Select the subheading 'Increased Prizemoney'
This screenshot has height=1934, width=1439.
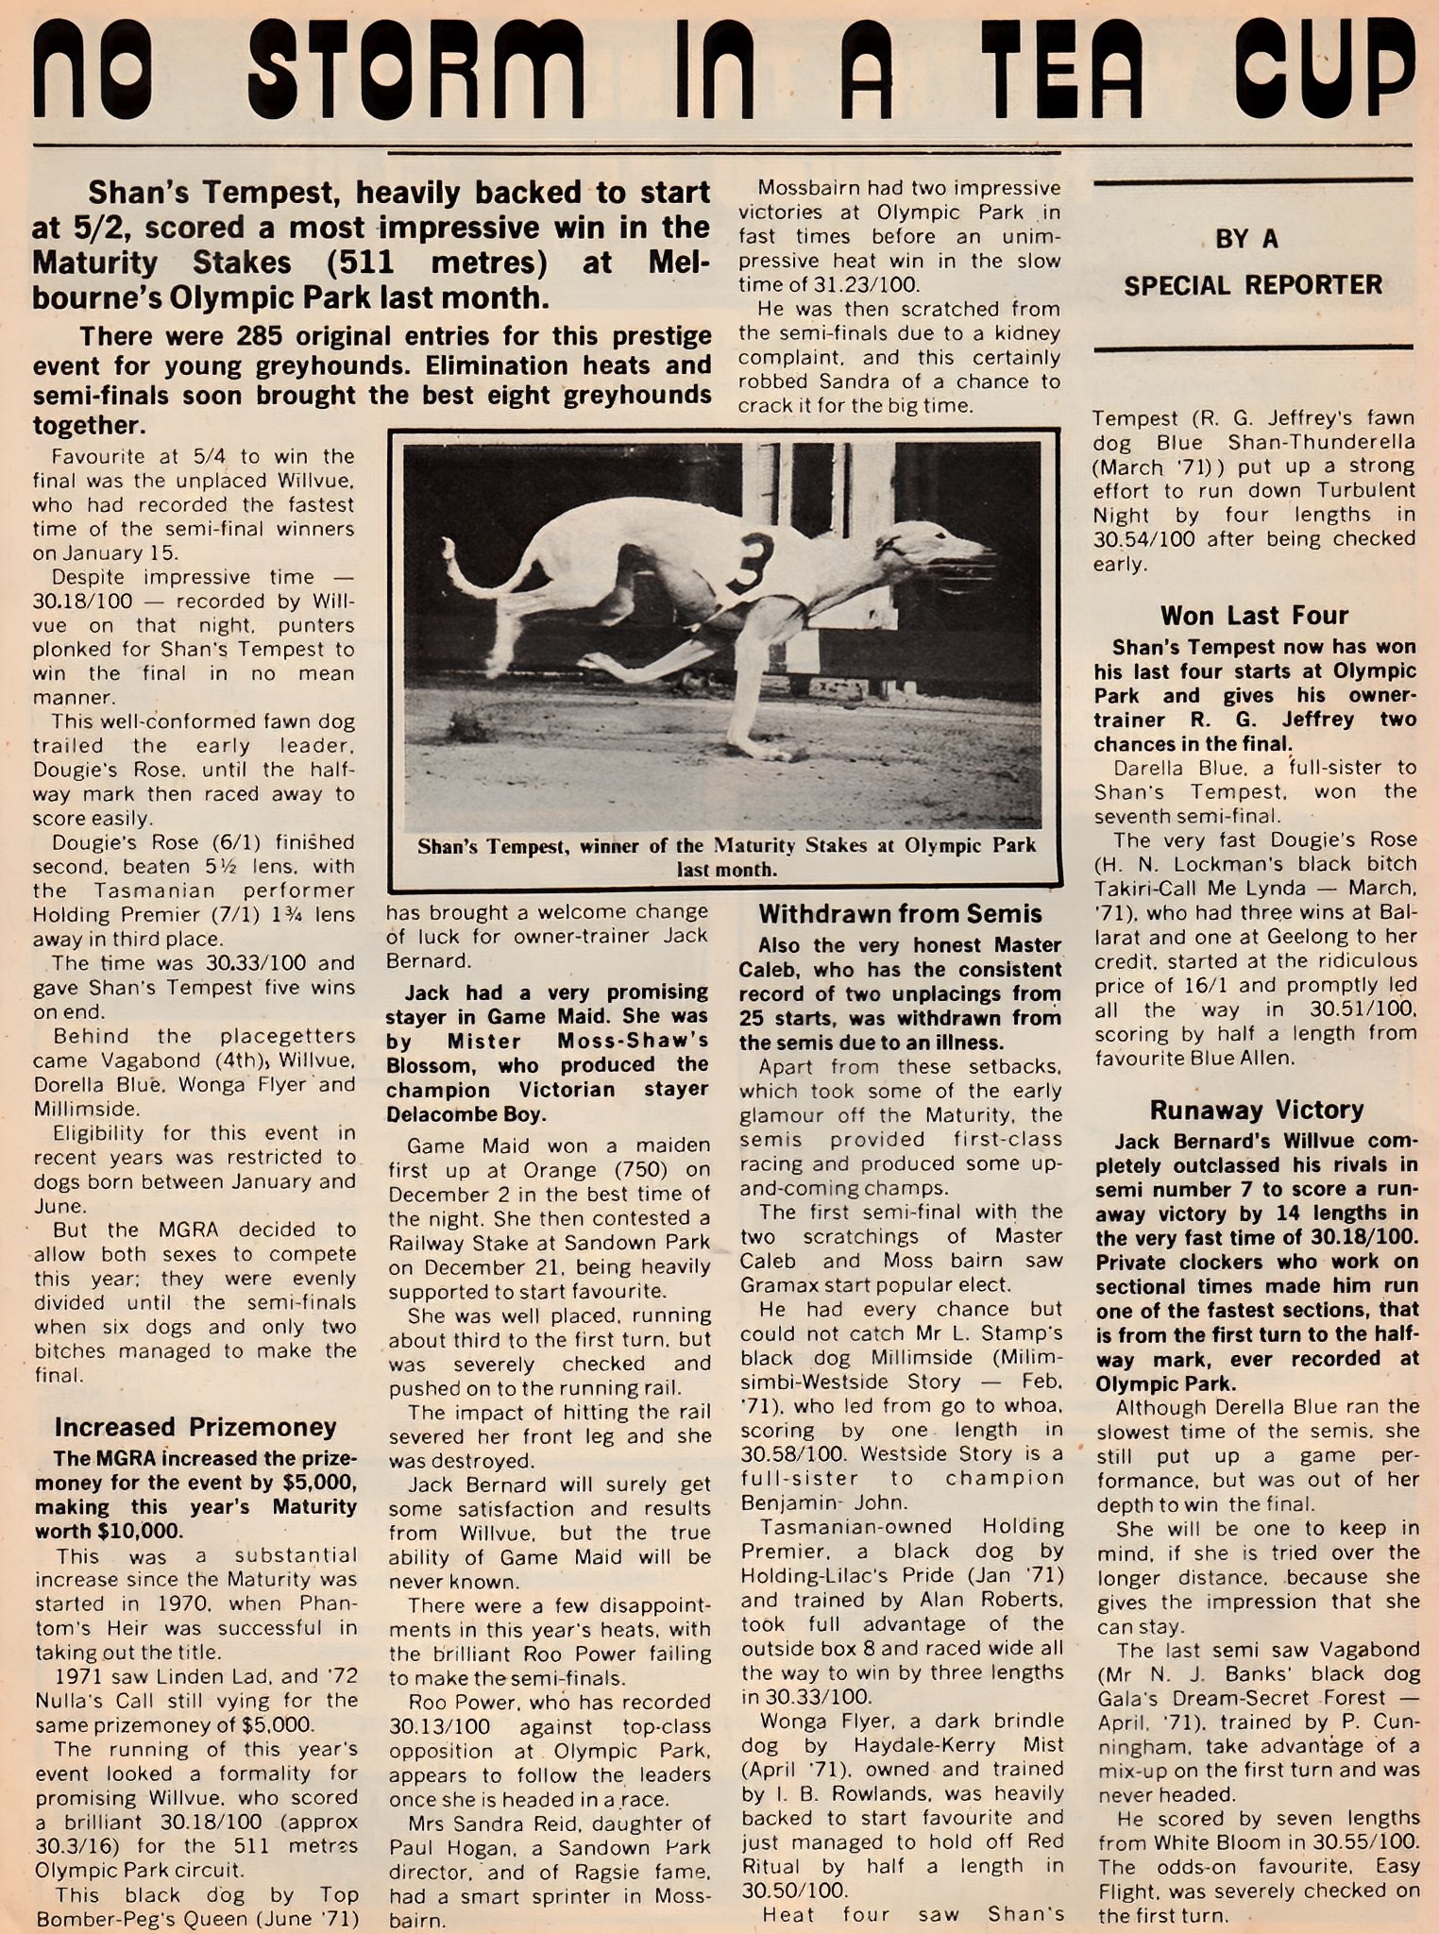pyautogui.click(x=195, y=1427)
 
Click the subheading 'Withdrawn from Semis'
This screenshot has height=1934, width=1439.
pyautogui.click(x=900, y=914)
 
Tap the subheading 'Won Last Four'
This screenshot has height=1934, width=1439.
pyautogui.click(x=1254, y=616)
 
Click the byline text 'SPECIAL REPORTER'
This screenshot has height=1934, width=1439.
pyautogui.click(x=1252, y=285)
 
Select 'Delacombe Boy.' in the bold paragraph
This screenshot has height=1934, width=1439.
pyautogui.click(x=466, y=1114)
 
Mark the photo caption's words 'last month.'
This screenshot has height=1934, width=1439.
pyautogui.click(x=726, y=870)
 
